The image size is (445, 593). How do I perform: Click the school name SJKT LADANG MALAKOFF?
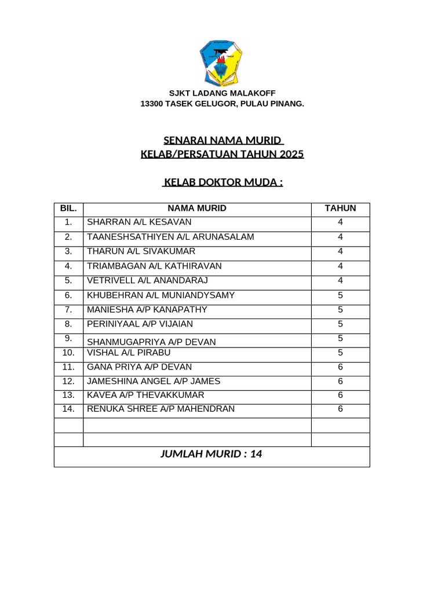click(x=222, y=93)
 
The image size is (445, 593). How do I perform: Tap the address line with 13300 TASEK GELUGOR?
click(x=222, y=104)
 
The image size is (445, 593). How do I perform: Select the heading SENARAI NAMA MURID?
click(x=222, y=140)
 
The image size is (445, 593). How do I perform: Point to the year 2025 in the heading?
click(x=291, y=155)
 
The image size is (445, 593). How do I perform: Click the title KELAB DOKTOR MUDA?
click(x=222, y=182)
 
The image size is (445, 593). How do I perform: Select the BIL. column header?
click(x=68, y=208)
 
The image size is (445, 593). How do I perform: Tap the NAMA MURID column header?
click(x=197, y=208)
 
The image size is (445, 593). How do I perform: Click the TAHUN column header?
click(x=340, y=208)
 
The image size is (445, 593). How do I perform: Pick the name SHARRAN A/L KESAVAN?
click(x=139, y=222)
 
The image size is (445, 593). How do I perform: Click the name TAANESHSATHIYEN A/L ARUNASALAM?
click(x=170, y=237)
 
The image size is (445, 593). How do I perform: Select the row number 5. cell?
click(x=68, y=280)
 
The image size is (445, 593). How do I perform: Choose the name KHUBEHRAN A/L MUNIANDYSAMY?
click(x=161, y=295)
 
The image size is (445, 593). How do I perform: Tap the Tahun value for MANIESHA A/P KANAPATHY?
click(x=340, y=310)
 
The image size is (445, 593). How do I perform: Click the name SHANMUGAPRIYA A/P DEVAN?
click(x=151, y=342)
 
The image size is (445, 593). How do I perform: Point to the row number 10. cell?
click(x=68, y=353)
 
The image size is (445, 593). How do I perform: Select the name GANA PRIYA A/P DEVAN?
click(x=139, y=367)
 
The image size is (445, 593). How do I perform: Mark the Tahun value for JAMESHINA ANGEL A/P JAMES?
click(x=340, y=382)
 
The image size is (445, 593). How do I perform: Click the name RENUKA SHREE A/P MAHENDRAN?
click(x=161, y=409)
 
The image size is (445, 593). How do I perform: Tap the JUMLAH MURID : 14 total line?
click(x=211, y=455)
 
